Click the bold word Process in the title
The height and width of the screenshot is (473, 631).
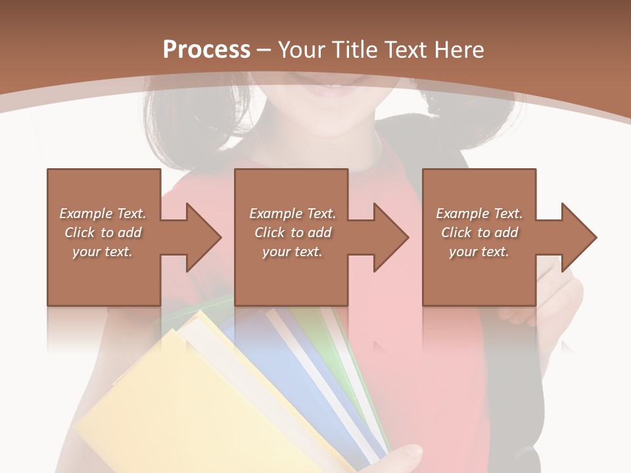[206, 50]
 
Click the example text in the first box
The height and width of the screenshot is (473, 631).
[103, 233]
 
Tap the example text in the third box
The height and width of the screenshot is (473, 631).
[479, 233]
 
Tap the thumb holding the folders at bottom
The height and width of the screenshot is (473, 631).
[404, 456]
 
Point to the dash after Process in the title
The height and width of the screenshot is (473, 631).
[264, 50]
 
